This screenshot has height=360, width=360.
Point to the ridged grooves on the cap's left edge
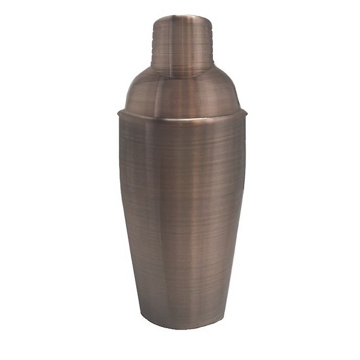pyautogui.click(x=154, y=45)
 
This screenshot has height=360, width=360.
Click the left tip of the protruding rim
pyautogui.click(x=118, y=112)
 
